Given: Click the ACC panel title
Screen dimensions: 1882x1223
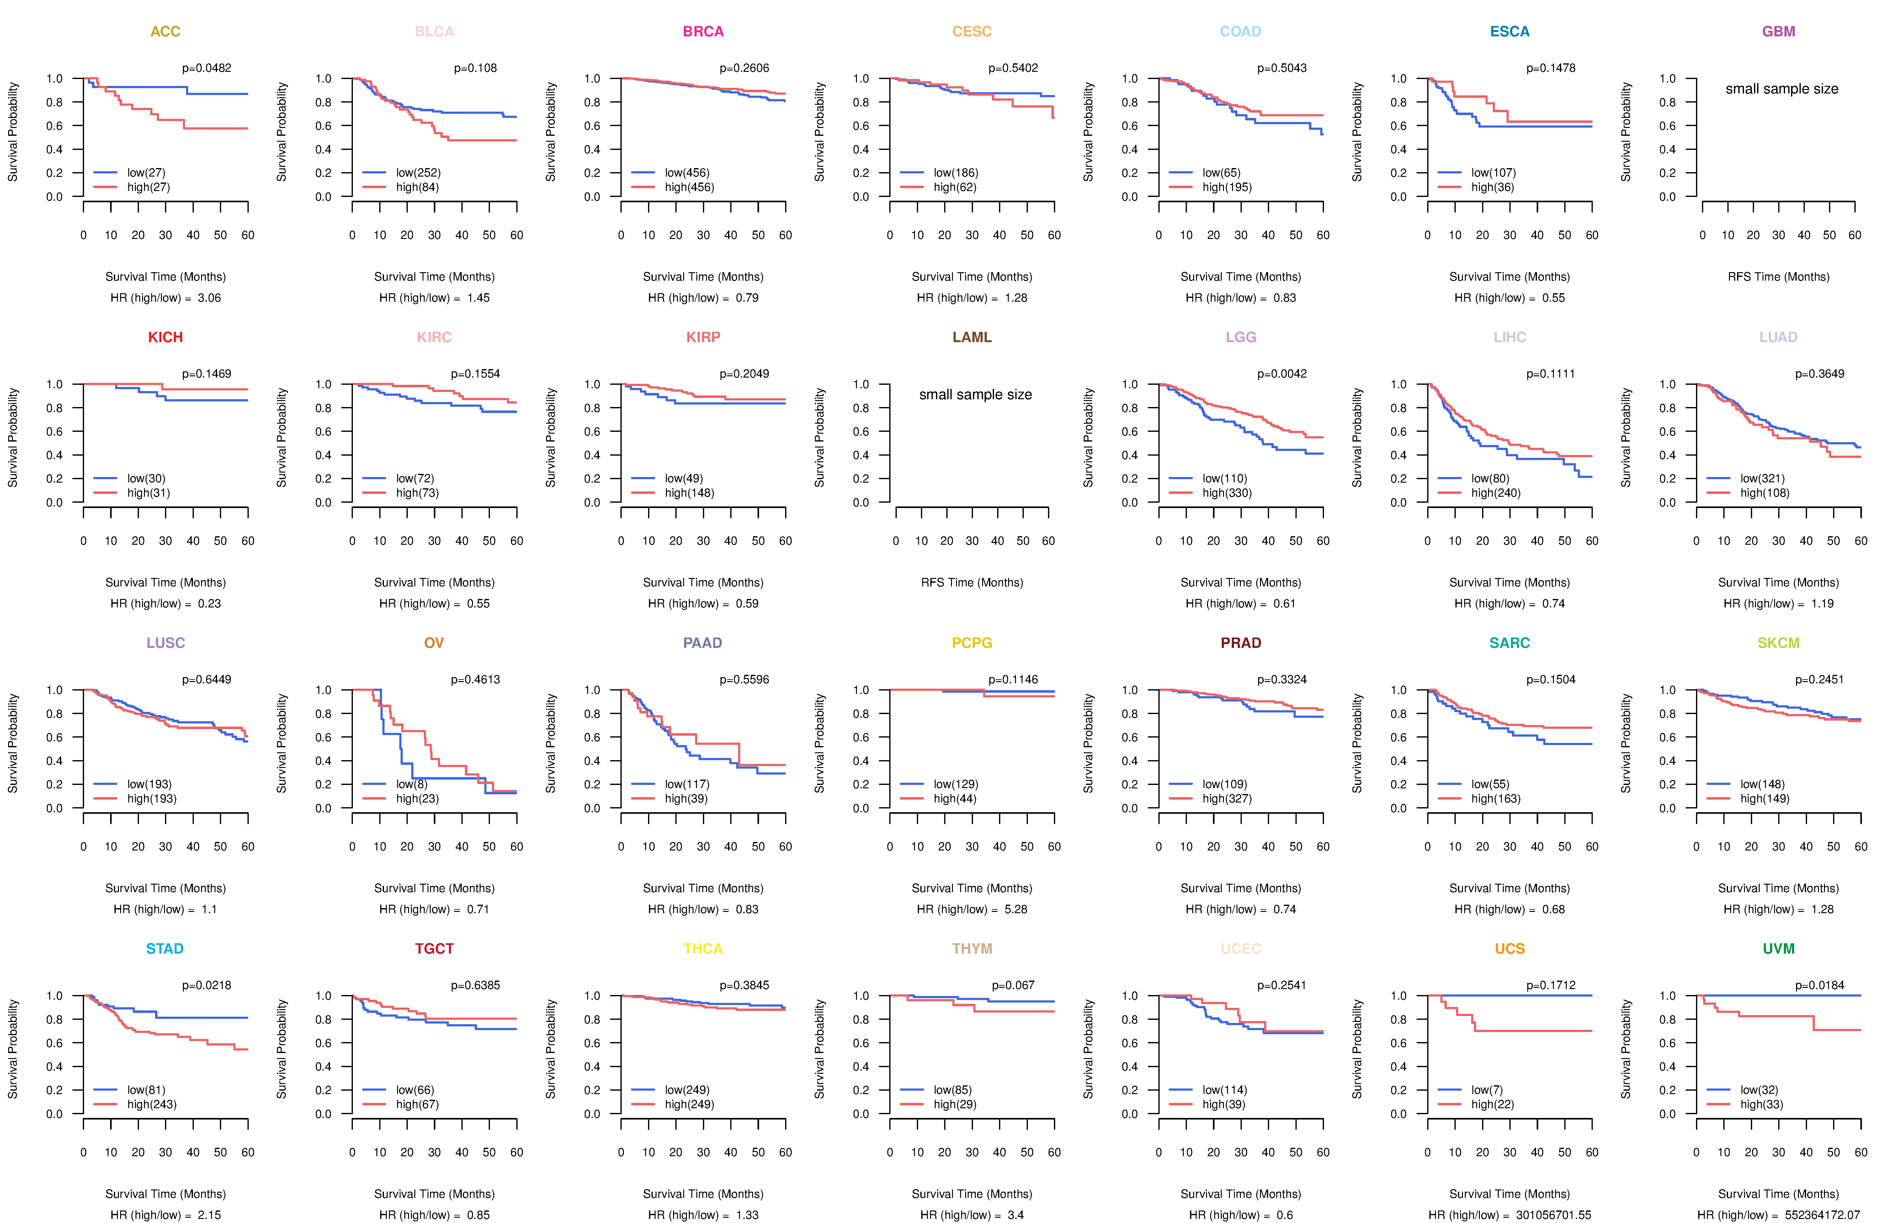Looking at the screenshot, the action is pos(165,32).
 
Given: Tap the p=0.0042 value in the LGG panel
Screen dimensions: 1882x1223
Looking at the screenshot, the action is pos(1282,374).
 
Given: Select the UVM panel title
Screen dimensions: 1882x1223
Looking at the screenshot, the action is pos(1778,949).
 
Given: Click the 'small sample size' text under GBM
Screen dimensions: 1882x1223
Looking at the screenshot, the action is pos(1782,88).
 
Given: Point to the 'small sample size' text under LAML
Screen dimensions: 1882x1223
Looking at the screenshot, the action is pos(975,394).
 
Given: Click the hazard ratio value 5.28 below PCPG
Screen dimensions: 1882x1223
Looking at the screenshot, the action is pos(1016,909).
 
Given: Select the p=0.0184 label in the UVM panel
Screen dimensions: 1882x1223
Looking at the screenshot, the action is pos(1820,986).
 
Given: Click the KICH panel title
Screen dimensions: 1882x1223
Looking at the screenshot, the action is pos(165,337).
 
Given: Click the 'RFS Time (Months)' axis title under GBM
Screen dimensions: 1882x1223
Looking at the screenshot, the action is pos(1778,277).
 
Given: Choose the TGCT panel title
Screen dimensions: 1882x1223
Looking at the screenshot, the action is pos(434,949).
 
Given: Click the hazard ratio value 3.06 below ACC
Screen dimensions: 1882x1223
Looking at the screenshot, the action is pos(210,298).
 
